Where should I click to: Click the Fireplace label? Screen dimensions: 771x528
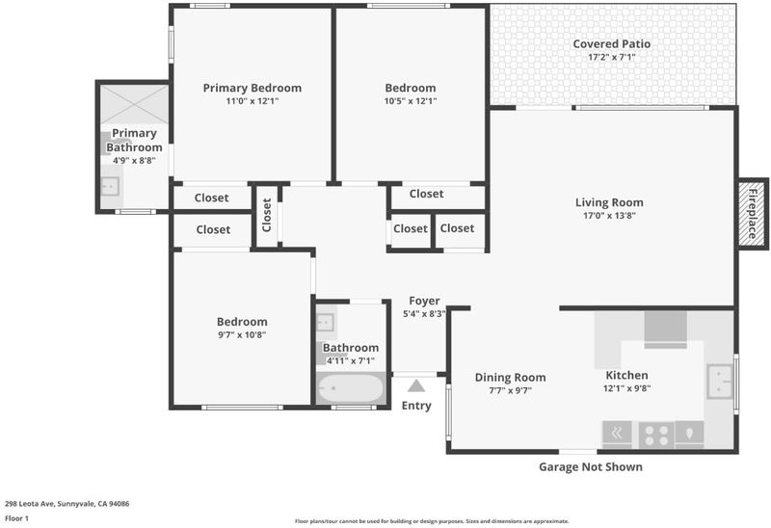pos(753,213)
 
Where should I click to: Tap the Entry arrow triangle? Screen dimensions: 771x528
pos(416,386)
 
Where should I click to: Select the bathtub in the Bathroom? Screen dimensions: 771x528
pos(351,388)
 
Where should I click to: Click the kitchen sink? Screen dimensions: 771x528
pos(719,382)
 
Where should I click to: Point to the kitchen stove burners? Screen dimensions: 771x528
pos(656,436)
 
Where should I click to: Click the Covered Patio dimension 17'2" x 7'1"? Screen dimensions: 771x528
pos(612,57)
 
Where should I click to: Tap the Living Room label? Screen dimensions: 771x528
pos(609,202)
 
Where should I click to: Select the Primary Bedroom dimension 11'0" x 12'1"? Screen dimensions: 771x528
pos(253,101)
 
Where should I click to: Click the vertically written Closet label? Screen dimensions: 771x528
pos(267,215)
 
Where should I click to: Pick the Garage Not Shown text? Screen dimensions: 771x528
pos(591,466)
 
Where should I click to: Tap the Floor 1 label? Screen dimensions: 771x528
pos(16,518)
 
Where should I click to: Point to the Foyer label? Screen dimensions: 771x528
pos(424,301)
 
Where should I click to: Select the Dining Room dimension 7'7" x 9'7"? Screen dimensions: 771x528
pos(511,391)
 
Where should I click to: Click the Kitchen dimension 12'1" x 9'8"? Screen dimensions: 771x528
pos(627,388)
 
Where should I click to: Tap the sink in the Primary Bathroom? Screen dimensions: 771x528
pos(110,186)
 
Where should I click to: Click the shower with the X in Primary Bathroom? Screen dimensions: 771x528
pos(134,104)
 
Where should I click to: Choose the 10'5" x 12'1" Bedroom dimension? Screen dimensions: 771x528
pos(411,101)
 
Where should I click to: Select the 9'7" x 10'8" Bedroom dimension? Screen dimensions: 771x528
pos(242,335)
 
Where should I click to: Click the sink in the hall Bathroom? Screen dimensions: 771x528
pos(325,323)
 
